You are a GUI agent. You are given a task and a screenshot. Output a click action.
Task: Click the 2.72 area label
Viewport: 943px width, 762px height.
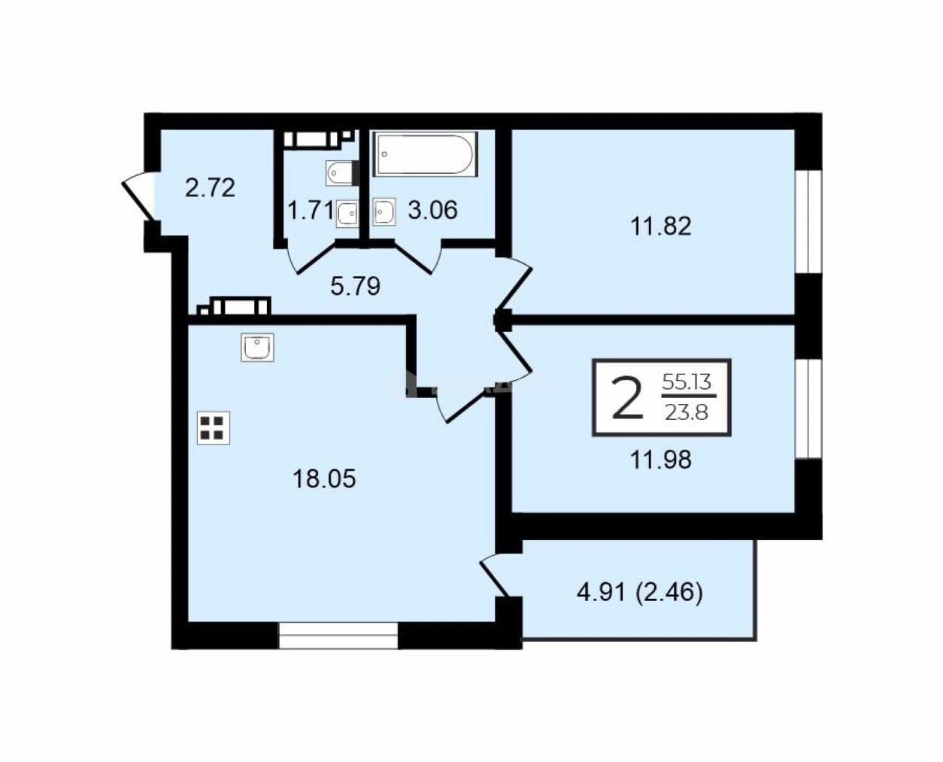click(x=210, y=188)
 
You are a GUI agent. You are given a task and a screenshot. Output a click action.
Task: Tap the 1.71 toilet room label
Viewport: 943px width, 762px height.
click(x=311, y=210)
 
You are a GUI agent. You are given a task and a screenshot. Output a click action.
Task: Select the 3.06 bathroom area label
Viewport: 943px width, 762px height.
click(x=432, y=210)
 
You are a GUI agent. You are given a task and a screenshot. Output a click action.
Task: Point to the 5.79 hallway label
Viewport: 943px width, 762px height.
click(x=356, y=286)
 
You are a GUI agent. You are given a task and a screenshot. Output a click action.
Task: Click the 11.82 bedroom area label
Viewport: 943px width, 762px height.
click(x=660, y=226)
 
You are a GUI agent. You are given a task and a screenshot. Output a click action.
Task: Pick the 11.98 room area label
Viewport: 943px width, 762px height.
click(x=660, y=460)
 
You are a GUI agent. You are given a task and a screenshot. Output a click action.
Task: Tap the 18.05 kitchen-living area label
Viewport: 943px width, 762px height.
click(x=325, y=479)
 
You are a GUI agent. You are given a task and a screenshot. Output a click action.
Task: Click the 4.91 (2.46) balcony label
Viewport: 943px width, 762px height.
click(x=640, y=593)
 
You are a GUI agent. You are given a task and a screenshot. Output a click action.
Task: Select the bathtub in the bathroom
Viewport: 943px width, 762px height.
click(x=425, y=153)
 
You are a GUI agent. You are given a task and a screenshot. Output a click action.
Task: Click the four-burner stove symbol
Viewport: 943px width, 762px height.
click(x=214, y=428)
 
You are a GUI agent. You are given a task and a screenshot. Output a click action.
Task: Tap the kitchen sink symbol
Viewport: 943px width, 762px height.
click(x=257, y=347)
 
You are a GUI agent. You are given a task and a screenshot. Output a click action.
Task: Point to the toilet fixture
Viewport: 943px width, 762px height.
click(x=342, y=173)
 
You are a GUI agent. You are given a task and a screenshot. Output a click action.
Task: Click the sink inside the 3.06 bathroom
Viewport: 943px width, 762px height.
click(x=384, y=213)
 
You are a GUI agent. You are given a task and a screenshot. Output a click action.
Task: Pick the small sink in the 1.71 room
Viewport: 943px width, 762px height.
click(x=347, y=214)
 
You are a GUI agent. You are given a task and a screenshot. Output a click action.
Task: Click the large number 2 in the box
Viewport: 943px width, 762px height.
click(x=627, y=398)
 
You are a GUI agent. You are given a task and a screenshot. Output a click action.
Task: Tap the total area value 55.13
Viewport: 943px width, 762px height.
click(x=687, y=381)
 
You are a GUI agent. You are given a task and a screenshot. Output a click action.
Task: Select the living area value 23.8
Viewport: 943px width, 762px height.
click(x=687, y=413)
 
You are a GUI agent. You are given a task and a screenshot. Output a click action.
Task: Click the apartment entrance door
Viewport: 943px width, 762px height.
click(x=138, y=197)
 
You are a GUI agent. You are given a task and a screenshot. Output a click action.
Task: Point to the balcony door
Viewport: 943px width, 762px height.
click(x=495, y=575)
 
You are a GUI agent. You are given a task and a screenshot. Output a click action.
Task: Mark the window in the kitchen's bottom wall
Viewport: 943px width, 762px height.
click(x=338, y=636)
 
